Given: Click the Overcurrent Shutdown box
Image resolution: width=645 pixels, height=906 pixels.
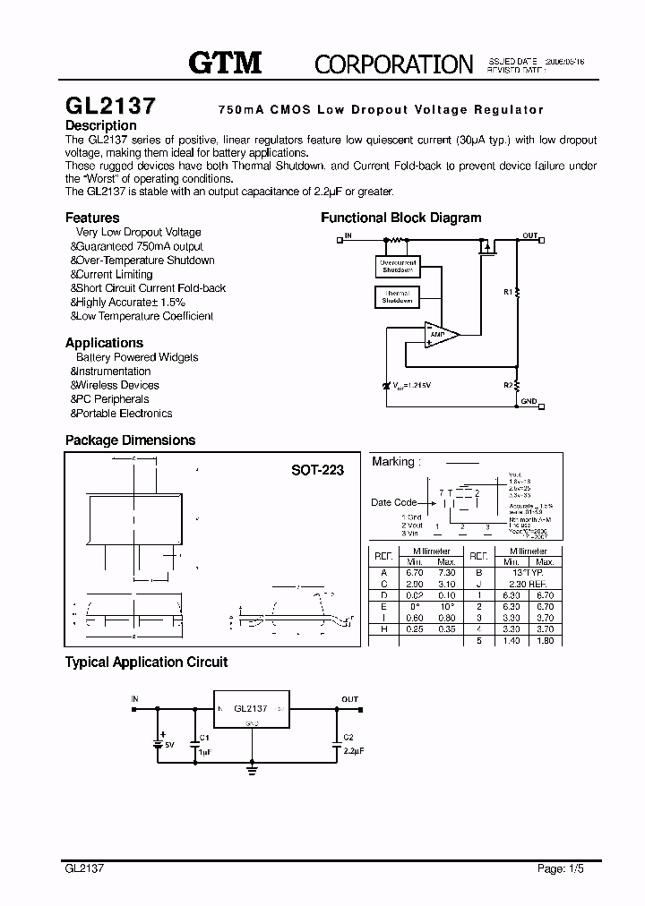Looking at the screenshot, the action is pos(397,266).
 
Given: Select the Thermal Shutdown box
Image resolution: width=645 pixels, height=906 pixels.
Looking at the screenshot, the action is pos(397,297).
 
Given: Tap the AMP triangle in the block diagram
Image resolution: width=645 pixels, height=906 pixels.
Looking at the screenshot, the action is pos(440,335).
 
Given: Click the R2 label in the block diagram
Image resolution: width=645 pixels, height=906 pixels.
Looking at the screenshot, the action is pos(508,385).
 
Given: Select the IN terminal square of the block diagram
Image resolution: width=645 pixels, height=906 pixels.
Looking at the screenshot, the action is pos(340,239).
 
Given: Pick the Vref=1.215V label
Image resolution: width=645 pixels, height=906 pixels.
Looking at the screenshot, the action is pos(411,385).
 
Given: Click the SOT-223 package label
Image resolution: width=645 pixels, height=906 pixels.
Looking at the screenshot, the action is pos(317,470).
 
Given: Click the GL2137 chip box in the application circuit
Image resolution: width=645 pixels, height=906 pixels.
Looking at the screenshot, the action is pos(251,709).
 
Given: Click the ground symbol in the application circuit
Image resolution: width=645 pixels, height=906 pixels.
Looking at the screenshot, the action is pos(253,768).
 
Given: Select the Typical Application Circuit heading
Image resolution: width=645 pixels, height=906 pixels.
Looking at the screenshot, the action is pos(146,662).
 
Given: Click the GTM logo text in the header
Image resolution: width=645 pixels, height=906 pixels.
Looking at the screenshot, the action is pos(225,62).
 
